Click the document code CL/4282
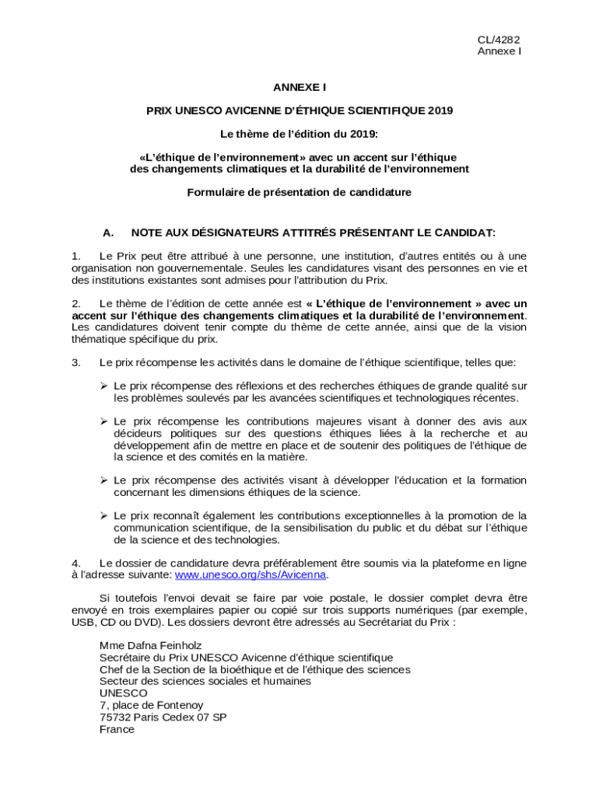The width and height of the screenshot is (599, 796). [x=499, y=40]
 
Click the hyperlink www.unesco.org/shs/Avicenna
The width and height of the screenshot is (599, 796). [x=250, y=574]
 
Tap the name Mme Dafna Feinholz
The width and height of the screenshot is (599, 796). [x=151, y=645]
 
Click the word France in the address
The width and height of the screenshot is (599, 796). [x=117, y=729]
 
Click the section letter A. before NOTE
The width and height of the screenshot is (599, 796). [x=108, y=232]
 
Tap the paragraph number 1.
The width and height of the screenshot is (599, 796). [x=75, y=256]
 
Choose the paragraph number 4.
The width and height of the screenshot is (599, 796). [x=75, y=563]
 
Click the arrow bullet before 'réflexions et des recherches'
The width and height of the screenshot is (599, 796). [x=103, y=386]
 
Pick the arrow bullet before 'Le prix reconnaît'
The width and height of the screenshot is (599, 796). [x=103, y=515]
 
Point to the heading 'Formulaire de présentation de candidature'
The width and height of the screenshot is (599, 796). [x=299, y=191]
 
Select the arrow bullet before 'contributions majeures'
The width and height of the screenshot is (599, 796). [x=103, y=421]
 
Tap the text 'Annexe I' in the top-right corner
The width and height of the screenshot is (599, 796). [x=499, y=51]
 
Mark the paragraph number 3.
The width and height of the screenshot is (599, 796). [x=75, y=362]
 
